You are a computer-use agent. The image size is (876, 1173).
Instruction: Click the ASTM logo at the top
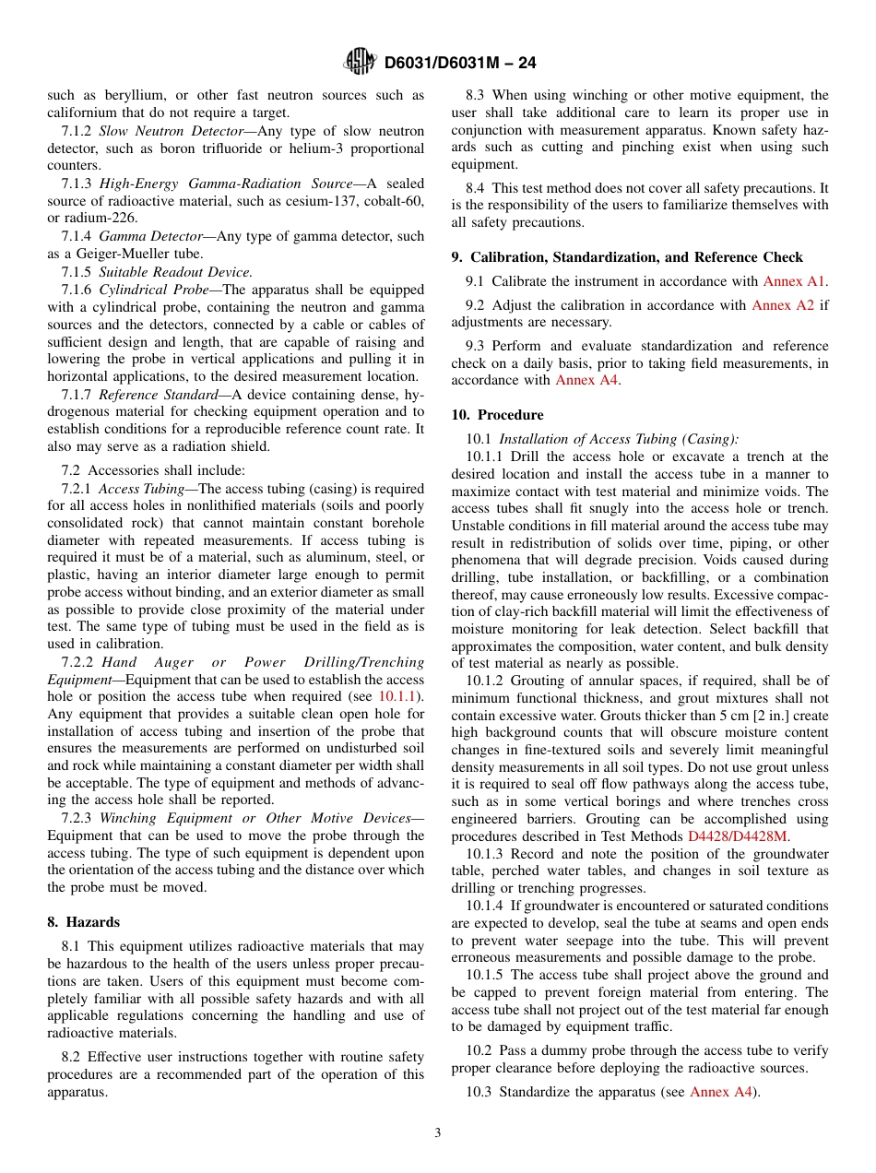tap(360, 62)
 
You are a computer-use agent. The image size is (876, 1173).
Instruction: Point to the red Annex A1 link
tap(795, 281)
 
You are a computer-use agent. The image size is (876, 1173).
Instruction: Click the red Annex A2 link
tap(783, 305)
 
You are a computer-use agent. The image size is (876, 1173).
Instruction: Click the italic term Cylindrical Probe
tap(144, 290)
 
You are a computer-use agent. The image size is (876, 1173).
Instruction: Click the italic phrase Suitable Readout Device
tap(175, 272)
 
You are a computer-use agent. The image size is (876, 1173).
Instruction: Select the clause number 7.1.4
tap(77, 236)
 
